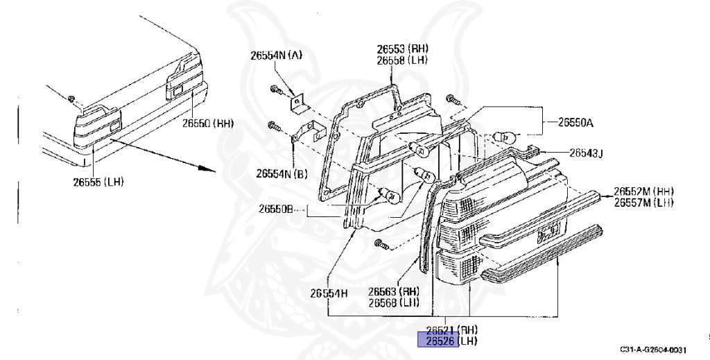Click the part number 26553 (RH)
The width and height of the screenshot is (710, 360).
click(402, 49)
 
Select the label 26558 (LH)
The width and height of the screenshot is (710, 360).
click(402, 60)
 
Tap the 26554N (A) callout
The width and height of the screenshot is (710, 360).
click(276, 55)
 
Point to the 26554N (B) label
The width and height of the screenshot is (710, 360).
click(282, 173)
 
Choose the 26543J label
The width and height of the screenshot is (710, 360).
click(586, 153)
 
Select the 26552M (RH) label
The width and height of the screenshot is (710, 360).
click(643, 191)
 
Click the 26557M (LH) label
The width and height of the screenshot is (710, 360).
click(643, 203)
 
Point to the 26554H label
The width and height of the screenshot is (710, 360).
click(329, 293)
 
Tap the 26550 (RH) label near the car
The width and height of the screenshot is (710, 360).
click(208, 123)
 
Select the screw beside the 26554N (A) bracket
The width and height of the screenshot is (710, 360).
click(275, 89)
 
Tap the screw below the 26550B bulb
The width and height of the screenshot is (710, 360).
click(379, 243)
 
